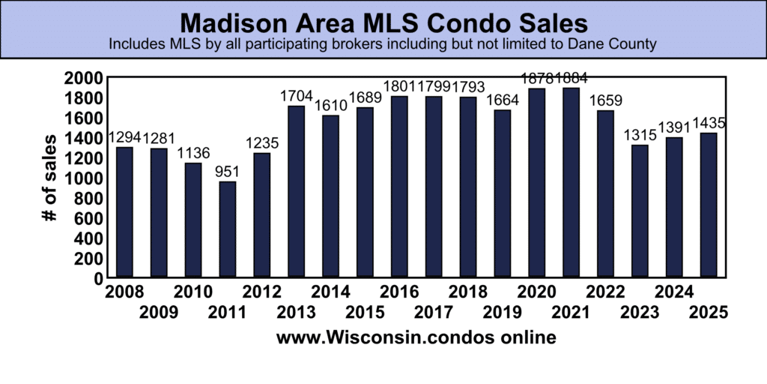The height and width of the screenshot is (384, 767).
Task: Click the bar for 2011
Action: coord(228,229)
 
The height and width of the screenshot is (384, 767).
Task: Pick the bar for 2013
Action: coord(297,192)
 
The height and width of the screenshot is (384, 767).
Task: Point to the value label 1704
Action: coord(297,96)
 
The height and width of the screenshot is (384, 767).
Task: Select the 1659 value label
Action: coord(606,101)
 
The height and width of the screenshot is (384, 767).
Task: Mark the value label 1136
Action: coord(193,154)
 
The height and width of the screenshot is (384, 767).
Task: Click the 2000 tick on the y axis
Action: coord(83,78)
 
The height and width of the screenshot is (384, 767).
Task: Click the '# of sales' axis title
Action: coord(50,178)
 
